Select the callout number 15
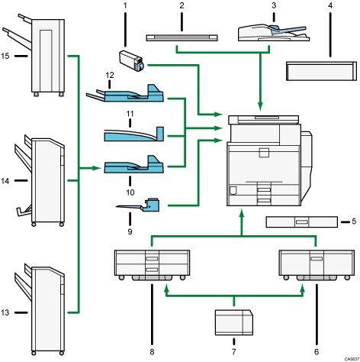click(x=7, y=55)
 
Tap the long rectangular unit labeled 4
click(x=321, y=71)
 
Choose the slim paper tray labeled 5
click(x=301, y=222)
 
